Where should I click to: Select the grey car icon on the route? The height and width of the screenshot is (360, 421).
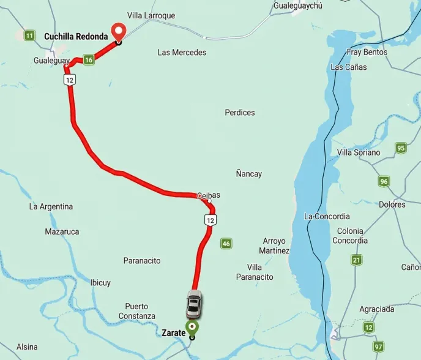(x=194, y=304)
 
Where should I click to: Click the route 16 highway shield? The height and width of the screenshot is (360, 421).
(x=89, y=59)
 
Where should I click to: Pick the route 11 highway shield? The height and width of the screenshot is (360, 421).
(x=29, y=36)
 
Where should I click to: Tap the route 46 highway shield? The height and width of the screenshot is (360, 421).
(x=226, y=243)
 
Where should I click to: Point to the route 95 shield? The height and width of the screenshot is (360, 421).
(x=401, y=148)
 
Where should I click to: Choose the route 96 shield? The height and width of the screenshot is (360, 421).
(x=384, y=181)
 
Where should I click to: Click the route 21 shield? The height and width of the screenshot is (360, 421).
(x=357, y=260)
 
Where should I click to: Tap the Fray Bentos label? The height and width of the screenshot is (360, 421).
(x=367, y=52)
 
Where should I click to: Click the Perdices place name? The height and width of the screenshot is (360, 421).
(x=240, y=113)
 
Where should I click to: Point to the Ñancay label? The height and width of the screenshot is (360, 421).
(x=249, y=174)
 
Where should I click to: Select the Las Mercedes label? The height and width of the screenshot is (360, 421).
(x=182, y=53)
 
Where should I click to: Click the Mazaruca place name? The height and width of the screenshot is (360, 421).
(x=62, y=231)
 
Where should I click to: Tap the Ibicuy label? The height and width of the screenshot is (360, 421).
(x=100, y=283)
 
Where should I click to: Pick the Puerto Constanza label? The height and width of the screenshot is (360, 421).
(x=137, y=311)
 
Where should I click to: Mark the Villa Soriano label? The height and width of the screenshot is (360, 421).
(x=359, y=152)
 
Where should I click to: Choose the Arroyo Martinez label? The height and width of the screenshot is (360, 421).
(x=274, y=246)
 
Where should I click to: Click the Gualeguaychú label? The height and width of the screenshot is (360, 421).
(x=298, y=5)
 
